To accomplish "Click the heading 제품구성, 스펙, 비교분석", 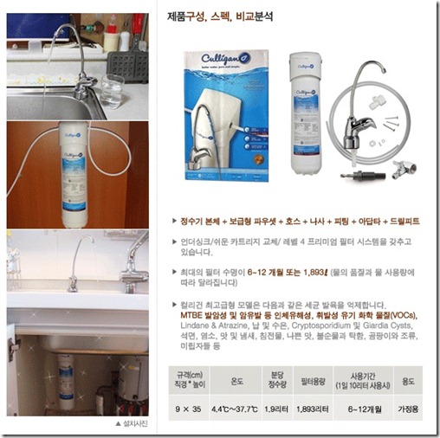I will (220, 16).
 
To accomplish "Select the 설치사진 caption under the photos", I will (130, 424).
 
